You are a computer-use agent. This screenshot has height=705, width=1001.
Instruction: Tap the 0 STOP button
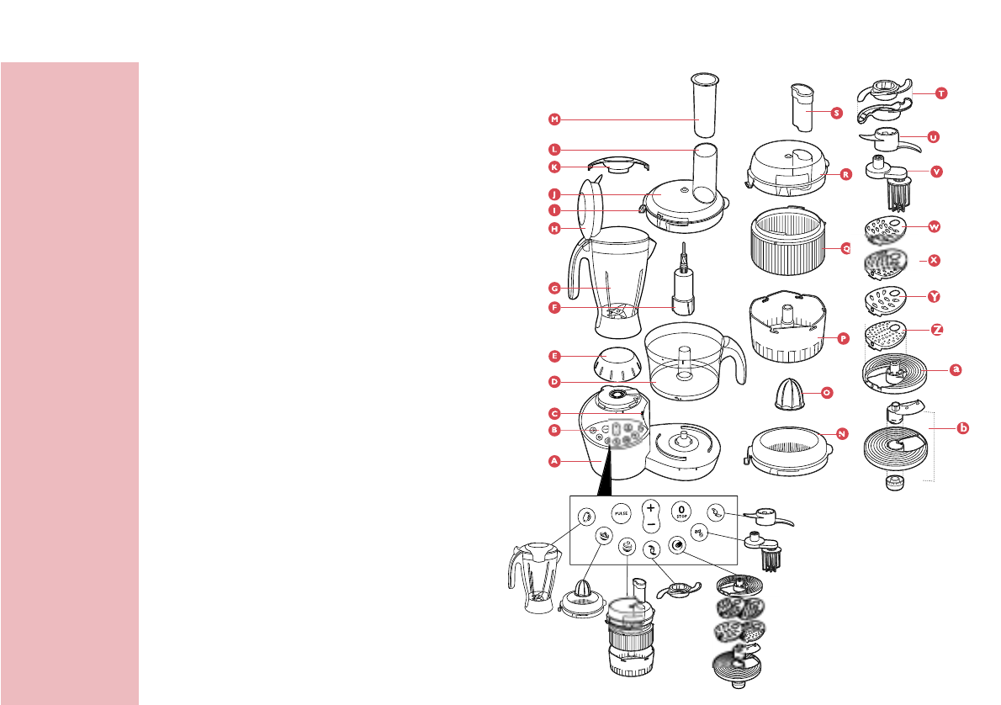click(x=681, y=512)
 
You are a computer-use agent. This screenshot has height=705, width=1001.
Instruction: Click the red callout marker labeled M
click(x=553, y=118)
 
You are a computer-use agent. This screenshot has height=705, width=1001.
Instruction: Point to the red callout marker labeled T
click(x=940, y=93)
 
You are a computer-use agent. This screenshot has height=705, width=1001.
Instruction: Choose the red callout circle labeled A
click(x=553, y=461)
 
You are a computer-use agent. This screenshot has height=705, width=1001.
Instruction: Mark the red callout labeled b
click(x=963, y=428)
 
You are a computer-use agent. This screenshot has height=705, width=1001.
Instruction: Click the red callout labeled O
click(x=827, y=392)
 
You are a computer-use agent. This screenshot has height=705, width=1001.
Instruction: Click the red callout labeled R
click(x=845, y=175)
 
